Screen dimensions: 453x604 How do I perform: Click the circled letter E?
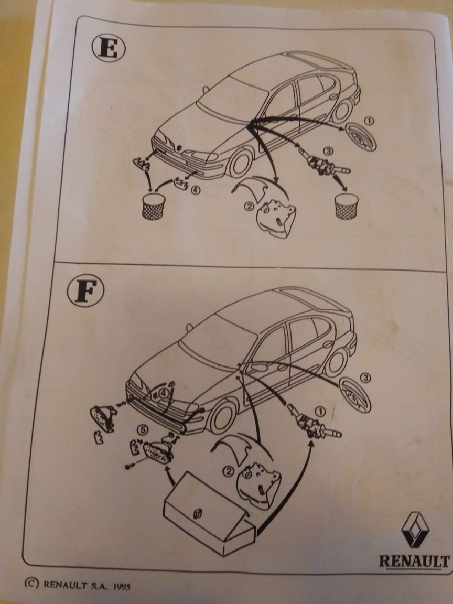(108, 49)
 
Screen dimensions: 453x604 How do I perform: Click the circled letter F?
(85, 290)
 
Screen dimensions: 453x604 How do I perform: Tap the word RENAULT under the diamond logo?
(414, 561)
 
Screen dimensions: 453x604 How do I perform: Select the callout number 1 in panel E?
(369, 121)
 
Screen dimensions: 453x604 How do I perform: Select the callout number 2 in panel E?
(249, 207)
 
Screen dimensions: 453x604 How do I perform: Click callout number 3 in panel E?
(328, 151)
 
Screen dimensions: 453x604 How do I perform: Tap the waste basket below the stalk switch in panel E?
(346, 206)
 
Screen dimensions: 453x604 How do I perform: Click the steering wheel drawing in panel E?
(361, 137)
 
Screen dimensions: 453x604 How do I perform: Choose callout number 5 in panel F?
(143, 430)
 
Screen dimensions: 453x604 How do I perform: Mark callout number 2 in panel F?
(229, 471)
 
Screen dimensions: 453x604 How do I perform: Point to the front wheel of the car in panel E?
(240, 163)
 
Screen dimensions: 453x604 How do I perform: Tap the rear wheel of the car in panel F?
(336, 362)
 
